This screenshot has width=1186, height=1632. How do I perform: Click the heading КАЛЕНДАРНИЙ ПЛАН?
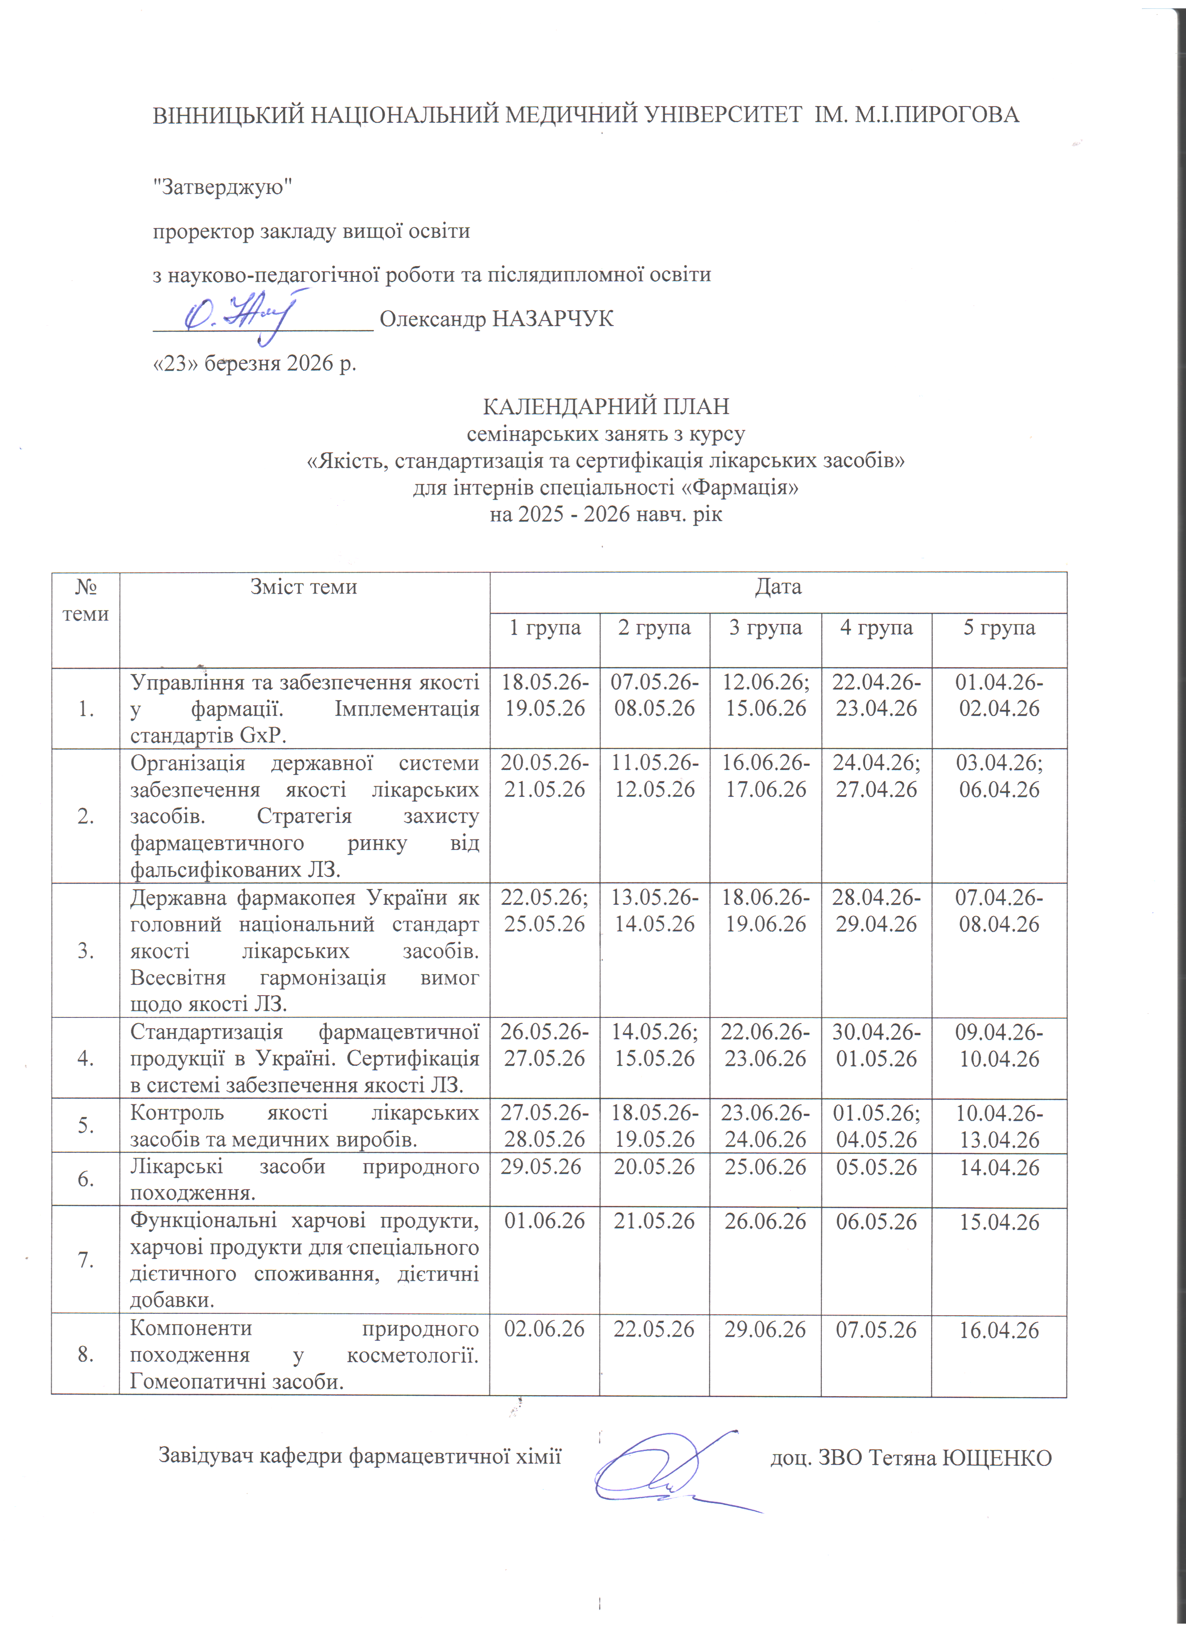[x=606, y=407]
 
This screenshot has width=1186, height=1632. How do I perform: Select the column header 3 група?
[x=765, y=628]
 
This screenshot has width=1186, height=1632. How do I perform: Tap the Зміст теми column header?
[x=304, y=587]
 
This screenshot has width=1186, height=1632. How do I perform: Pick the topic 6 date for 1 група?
[x=541, y=1166]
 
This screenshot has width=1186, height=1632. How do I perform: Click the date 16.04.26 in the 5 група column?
[x=999, y=1330]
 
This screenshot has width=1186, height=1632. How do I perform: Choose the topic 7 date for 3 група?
[x=765, y=1222]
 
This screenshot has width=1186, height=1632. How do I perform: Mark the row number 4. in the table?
[x=86, y=1058]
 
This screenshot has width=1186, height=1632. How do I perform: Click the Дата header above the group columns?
[x=778, y=587]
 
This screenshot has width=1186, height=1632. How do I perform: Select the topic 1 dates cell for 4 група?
[x=876, y=695]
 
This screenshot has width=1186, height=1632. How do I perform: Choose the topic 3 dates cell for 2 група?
[x=654, y=911]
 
